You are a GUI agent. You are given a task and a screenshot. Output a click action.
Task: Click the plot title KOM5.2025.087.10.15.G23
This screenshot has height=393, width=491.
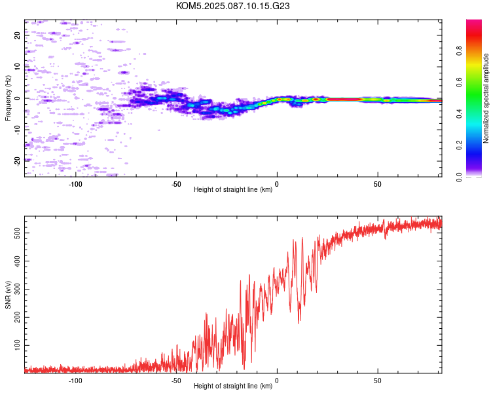[232, 6]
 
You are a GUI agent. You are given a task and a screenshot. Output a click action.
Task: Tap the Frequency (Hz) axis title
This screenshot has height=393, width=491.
[8, 98]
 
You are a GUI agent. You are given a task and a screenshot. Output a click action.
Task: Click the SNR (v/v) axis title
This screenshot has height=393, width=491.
[8, 295]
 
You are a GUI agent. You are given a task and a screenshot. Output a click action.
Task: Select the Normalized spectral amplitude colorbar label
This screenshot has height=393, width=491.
[486, 98]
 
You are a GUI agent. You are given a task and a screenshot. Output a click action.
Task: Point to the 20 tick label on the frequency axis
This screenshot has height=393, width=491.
[17, 35]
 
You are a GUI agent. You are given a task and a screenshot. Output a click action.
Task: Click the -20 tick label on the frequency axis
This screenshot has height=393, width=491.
[17, 162]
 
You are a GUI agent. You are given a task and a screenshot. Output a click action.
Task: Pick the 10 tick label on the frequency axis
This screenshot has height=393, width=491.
[17, 67]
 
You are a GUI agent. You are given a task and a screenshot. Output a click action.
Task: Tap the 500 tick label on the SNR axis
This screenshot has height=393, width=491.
[17, 233]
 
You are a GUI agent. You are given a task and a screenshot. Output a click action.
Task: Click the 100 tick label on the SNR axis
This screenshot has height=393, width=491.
[17, 345]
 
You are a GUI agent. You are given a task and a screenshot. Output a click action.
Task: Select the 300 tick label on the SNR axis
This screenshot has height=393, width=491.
[17, 290]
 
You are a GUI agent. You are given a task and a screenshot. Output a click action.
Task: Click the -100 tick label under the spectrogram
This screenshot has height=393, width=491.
[75, 184]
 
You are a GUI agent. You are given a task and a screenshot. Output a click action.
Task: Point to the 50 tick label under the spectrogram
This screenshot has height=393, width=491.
[378, 184]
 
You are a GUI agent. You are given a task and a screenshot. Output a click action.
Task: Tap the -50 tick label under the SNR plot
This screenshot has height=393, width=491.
[175, 381]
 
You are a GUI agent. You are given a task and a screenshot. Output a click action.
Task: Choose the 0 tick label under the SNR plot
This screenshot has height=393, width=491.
[277, 381]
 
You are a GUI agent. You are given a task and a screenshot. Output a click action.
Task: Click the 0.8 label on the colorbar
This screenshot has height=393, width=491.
[459, 50]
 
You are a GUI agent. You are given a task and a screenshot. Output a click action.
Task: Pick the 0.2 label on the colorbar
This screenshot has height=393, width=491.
[459, 145]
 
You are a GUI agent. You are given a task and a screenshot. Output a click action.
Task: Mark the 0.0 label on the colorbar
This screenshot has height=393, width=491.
[459, 177]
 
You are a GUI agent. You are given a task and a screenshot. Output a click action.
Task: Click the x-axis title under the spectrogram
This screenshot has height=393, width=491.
[233, 189]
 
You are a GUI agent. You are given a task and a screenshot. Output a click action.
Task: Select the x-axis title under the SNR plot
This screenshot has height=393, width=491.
[233, 386]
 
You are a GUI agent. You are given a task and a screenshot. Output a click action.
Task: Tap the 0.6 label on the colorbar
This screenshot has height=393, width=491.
[459, 82]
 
